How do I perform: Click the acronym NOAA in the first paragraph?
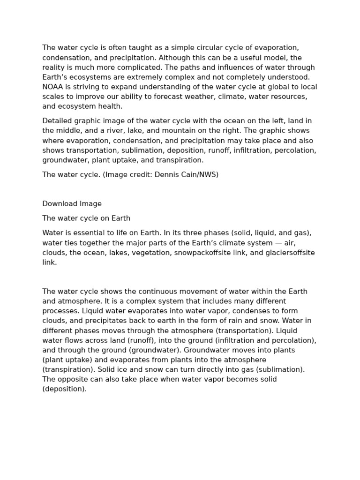[x=52, y=87]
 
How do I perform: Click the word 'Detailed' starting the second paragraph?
[x=57, y=121]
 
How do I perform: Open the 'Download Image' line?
[x=72, y=204]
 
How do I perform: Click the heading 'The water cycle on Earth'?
[x=86, y=218]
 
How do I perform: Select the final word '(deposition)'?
[x=64, y=389]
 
